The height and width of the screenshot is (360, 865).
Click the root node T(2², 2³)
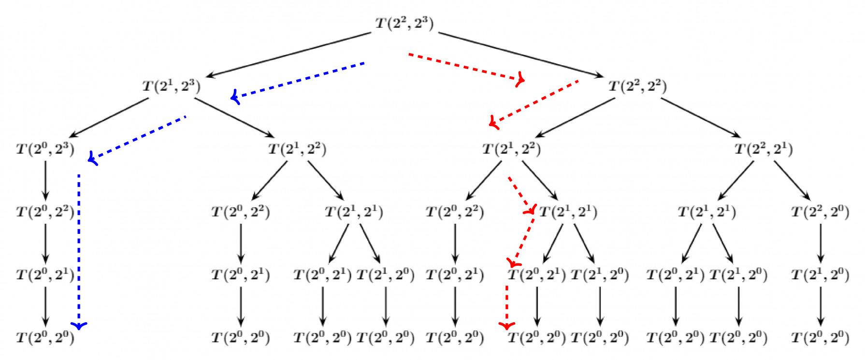pos(404,23)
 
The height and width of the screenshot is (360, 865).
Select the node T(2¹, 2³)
pos(171,86)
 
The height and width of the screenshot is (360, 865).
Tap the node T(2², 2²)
pos(637,86)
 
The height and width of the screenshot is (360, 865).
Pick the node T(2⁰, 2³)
pos(45,149)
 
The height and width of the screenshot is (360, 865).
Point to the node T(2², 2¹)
pos(764,149)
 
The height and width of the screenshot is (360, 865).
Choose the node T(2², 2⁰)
pos(820,212)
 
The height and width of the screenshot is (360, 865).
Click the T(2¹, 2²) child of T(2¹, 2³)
pos(297,149)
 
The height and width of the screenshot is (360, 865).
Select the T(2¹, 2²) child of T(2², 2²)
pos(511,149)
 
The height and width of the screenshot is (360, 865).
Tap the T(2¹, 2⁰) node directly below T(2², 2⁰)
pos(820,274)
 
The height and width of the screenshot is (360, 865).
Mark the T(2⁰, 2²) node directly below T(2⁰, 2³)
pos(45,212)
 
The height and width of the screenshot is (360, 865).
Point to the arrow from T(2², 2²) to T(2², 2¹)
pos(701,118)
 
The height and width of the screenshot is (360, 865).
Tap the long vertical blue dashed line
pos(79,246)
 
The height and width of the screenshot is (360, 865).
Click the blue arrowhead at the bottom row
pos(79,326)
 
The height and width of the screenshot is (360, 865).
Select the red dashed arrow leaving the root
pos(464,67)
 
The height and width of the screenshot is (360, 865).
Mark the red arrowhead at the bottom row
pos(507,326)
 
